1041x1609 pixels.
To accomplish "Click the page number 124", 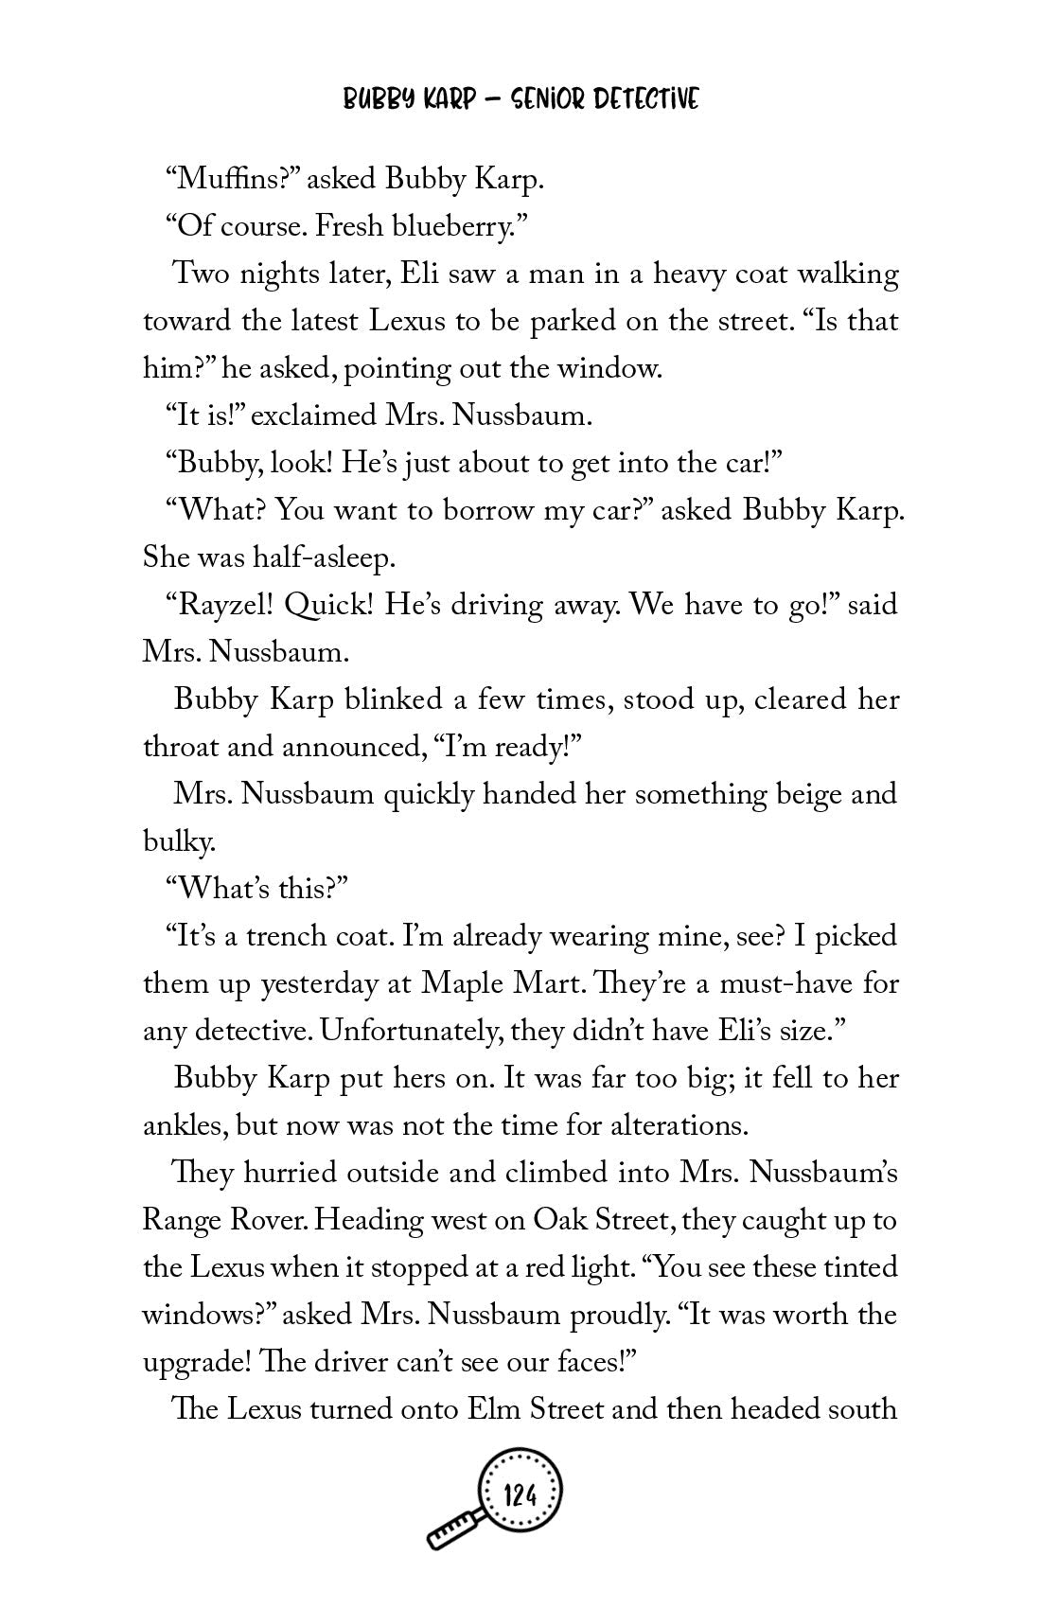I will click(x=521, y=1496).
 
